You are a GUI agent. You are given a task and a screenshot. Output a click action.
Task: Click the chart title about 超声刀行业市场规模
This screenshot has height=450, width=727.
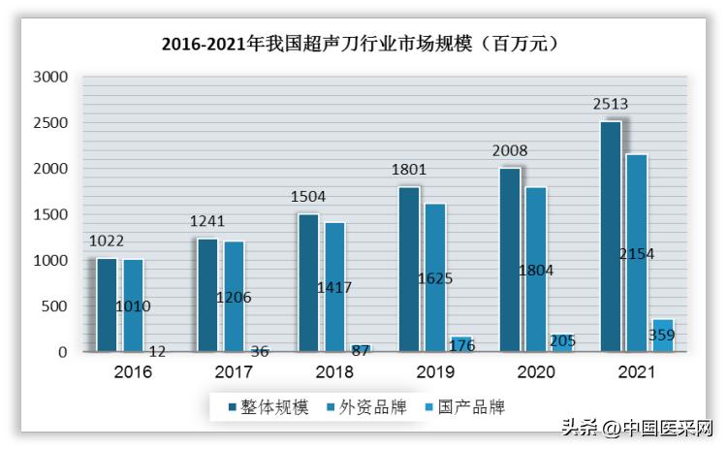click(363, 43)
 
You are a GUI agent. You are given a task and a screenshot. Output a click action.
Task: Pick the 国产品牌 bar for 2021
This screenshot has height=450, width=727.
click(663, 335)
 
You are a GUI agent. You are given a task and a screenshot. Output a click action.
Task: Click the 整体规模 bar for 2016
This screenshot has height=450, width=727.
click(107, 305)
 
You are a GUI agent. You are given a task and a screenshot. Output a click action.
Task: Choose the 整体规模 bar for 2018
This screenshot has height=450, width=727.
click(308, 282)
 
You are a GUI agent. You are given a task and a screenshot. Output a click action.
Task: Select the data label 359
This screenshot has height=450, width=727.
click(662, 336)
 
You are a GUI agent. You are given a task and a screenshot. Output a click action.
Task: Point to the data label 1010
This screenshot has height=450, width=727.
click(133, 305)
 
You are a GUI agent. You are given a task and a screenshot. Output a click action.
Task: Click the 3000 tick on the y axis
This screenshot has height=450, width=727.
click(49, 77)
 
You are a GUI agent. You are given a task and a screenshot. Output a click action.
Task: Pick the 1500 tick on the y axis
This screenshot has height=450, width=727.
click(49, 214)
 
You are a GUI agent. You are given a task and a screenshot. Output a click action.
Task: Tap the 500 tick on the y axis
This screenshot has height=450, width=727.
click(53, 306)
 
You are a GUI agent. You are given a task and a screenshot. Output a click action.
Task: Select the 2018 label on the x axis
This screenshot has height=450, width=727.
click(333, 371)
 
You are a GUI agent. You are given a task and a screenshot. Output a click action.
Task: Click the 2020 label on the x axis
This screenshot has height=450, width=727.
click(535, 371)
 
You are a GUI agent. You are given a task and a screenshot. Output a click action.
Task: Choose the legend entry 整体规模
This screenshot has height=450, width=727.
click(269, 406)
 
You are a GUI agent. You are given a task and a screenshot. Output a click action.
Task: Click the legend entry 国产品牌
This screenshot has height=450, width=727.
click(461, 406)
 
